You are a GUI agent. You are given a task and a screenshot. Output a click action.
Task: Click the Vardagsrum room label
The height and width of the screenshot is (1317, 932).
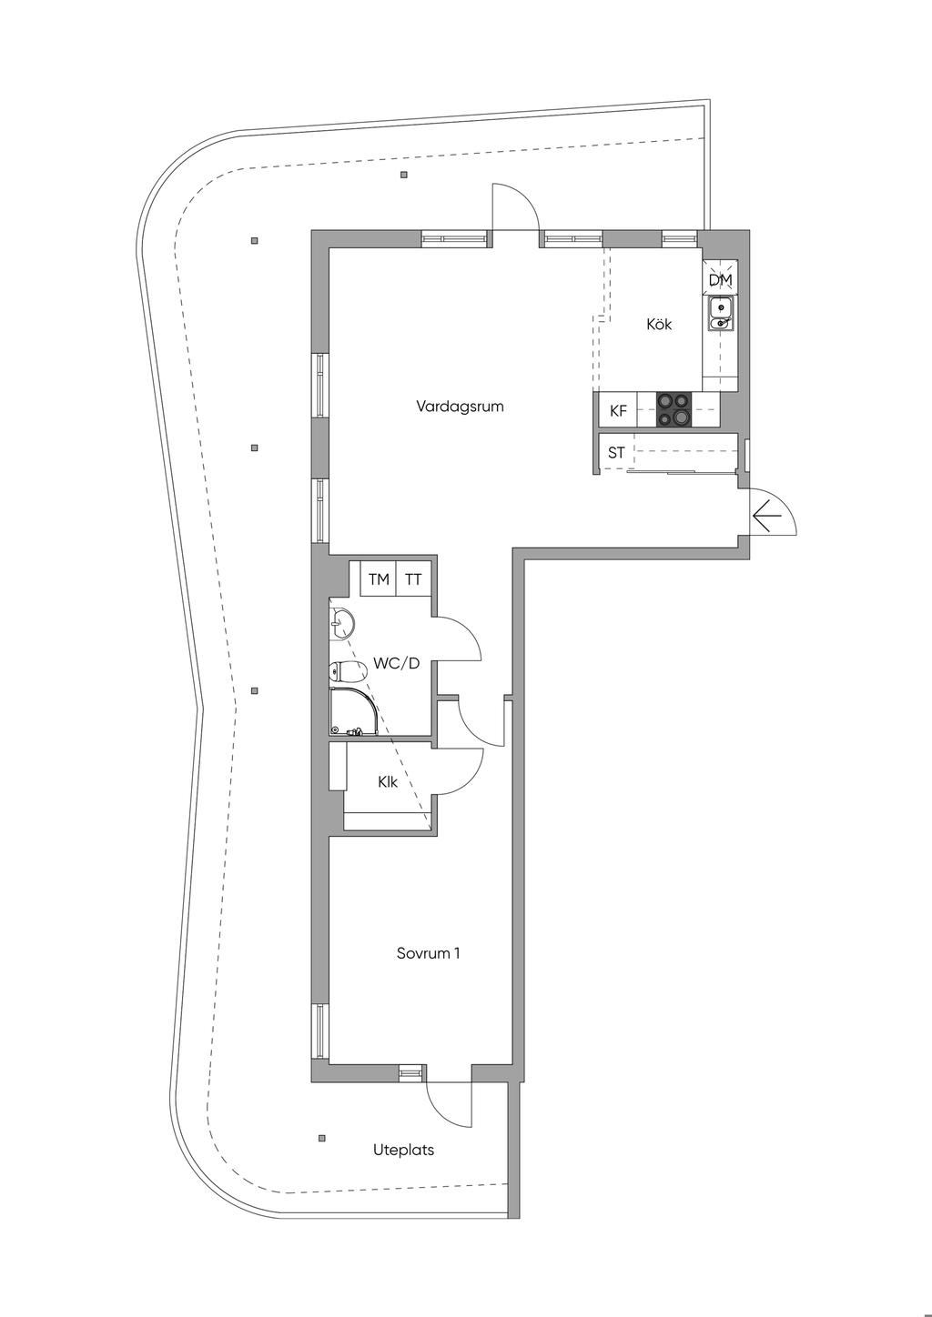click(460, 407)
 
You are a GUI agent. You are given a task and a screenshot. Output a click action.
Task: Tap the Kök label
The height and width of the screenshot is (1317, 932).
click(658, 324)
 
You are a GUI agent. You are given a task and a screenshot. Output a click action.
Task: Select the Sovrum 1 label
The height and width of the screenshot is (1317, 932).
click(428, 953)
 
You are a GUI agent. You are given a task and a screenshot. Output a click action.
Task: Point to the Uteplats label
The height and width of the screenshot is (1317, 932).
click(403, 1150)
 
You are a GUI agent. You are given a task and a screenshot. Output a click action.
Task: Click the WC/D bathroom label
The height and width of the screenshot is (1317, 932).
click(397, 663)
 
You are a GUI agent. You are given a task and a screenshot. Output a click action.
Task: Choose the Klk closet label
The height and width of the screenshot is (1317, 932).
click(388, 782)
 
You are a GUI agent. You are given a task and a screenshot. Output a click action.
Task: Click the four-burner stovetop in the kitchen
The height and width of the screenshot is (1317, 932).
click(674, 408)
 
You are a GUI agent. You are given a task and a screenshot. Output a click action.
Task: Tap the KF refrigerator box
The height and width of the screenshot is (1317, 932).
click(618, 411)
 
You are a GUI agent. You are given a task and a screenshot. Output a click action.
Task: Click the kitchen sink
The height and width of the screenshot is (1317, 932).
click(720, 314)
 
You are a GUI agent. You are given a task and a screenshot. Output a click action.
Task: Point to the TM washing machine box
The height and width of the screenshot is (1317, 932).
click(379, 579)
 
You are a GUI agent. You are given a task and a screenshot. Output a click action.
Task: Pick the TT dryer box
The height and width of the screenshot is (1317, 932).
click(413, 579)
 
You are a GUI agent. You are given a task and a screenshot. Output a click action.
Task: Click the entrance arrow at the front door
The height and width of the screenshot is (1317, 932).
click(766, 516)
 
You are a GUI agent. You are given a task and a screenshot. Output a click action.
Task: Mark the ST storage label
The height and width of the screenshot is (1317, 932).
click(616, 453)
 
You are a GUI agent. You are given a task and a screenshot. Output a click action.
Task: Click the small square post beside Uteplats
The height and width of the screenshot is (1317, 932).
click(320, 1138)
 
